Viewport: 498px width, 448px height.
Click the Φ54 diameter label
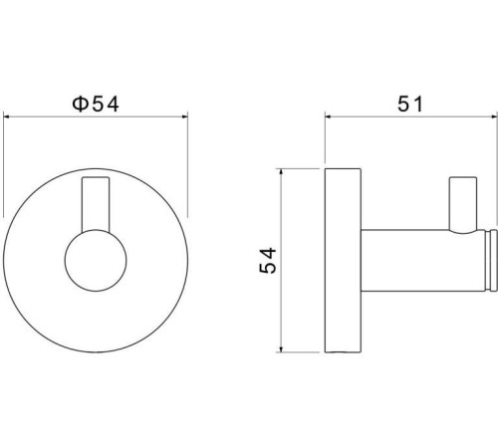point(96,104)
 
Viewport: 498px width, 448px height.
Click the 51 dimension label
point(410,104)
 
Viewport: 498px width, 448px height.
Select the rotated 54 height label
point(268,261)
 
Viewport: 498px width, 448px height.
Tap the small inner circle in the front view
point(96,261)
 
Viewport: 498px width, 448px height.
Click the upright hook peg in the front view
point(96,204)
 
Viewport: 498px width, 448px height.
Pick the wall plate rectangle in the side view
point(343,261)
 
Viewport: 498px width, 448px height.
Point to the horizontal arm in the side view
point(423,261)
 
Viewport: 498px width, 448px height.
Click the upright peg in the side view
point(463,205)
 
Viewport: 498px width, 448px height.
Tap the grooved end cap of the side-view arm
point(492,261)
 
